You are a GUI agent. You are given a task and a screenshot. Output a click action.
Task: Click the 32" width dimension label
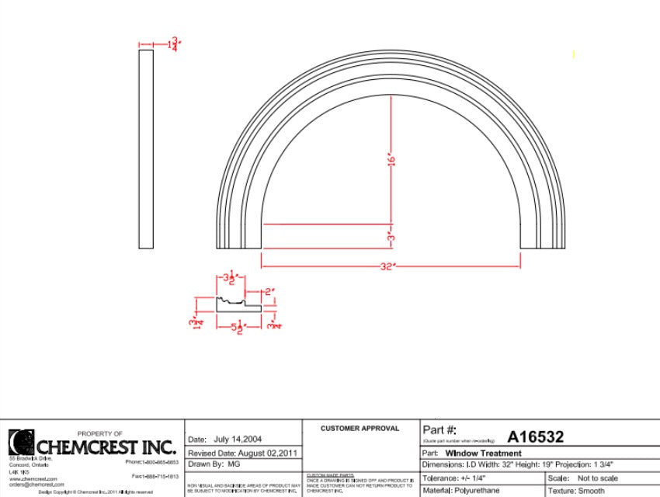(x=388, y=266)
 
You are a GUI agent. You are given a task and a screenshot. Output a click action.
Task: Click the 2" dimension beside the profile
(x=269, y=292)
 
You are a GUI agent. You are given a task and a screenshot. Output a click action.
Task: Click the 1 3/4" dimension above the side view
(x=173, y=43)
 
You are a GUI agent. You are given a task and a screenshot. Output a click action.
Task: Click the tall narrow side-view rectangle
(x=146, y=149)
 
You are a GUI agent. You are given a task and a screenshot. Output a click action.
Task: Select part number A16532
(x=535, y=437)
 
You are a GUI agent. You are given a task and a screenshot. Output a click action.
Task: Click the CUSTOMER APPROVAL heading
(x=360, y=428)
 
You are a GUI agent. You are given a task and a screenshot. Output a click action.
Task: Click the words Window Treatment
(x=484, y=453)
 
